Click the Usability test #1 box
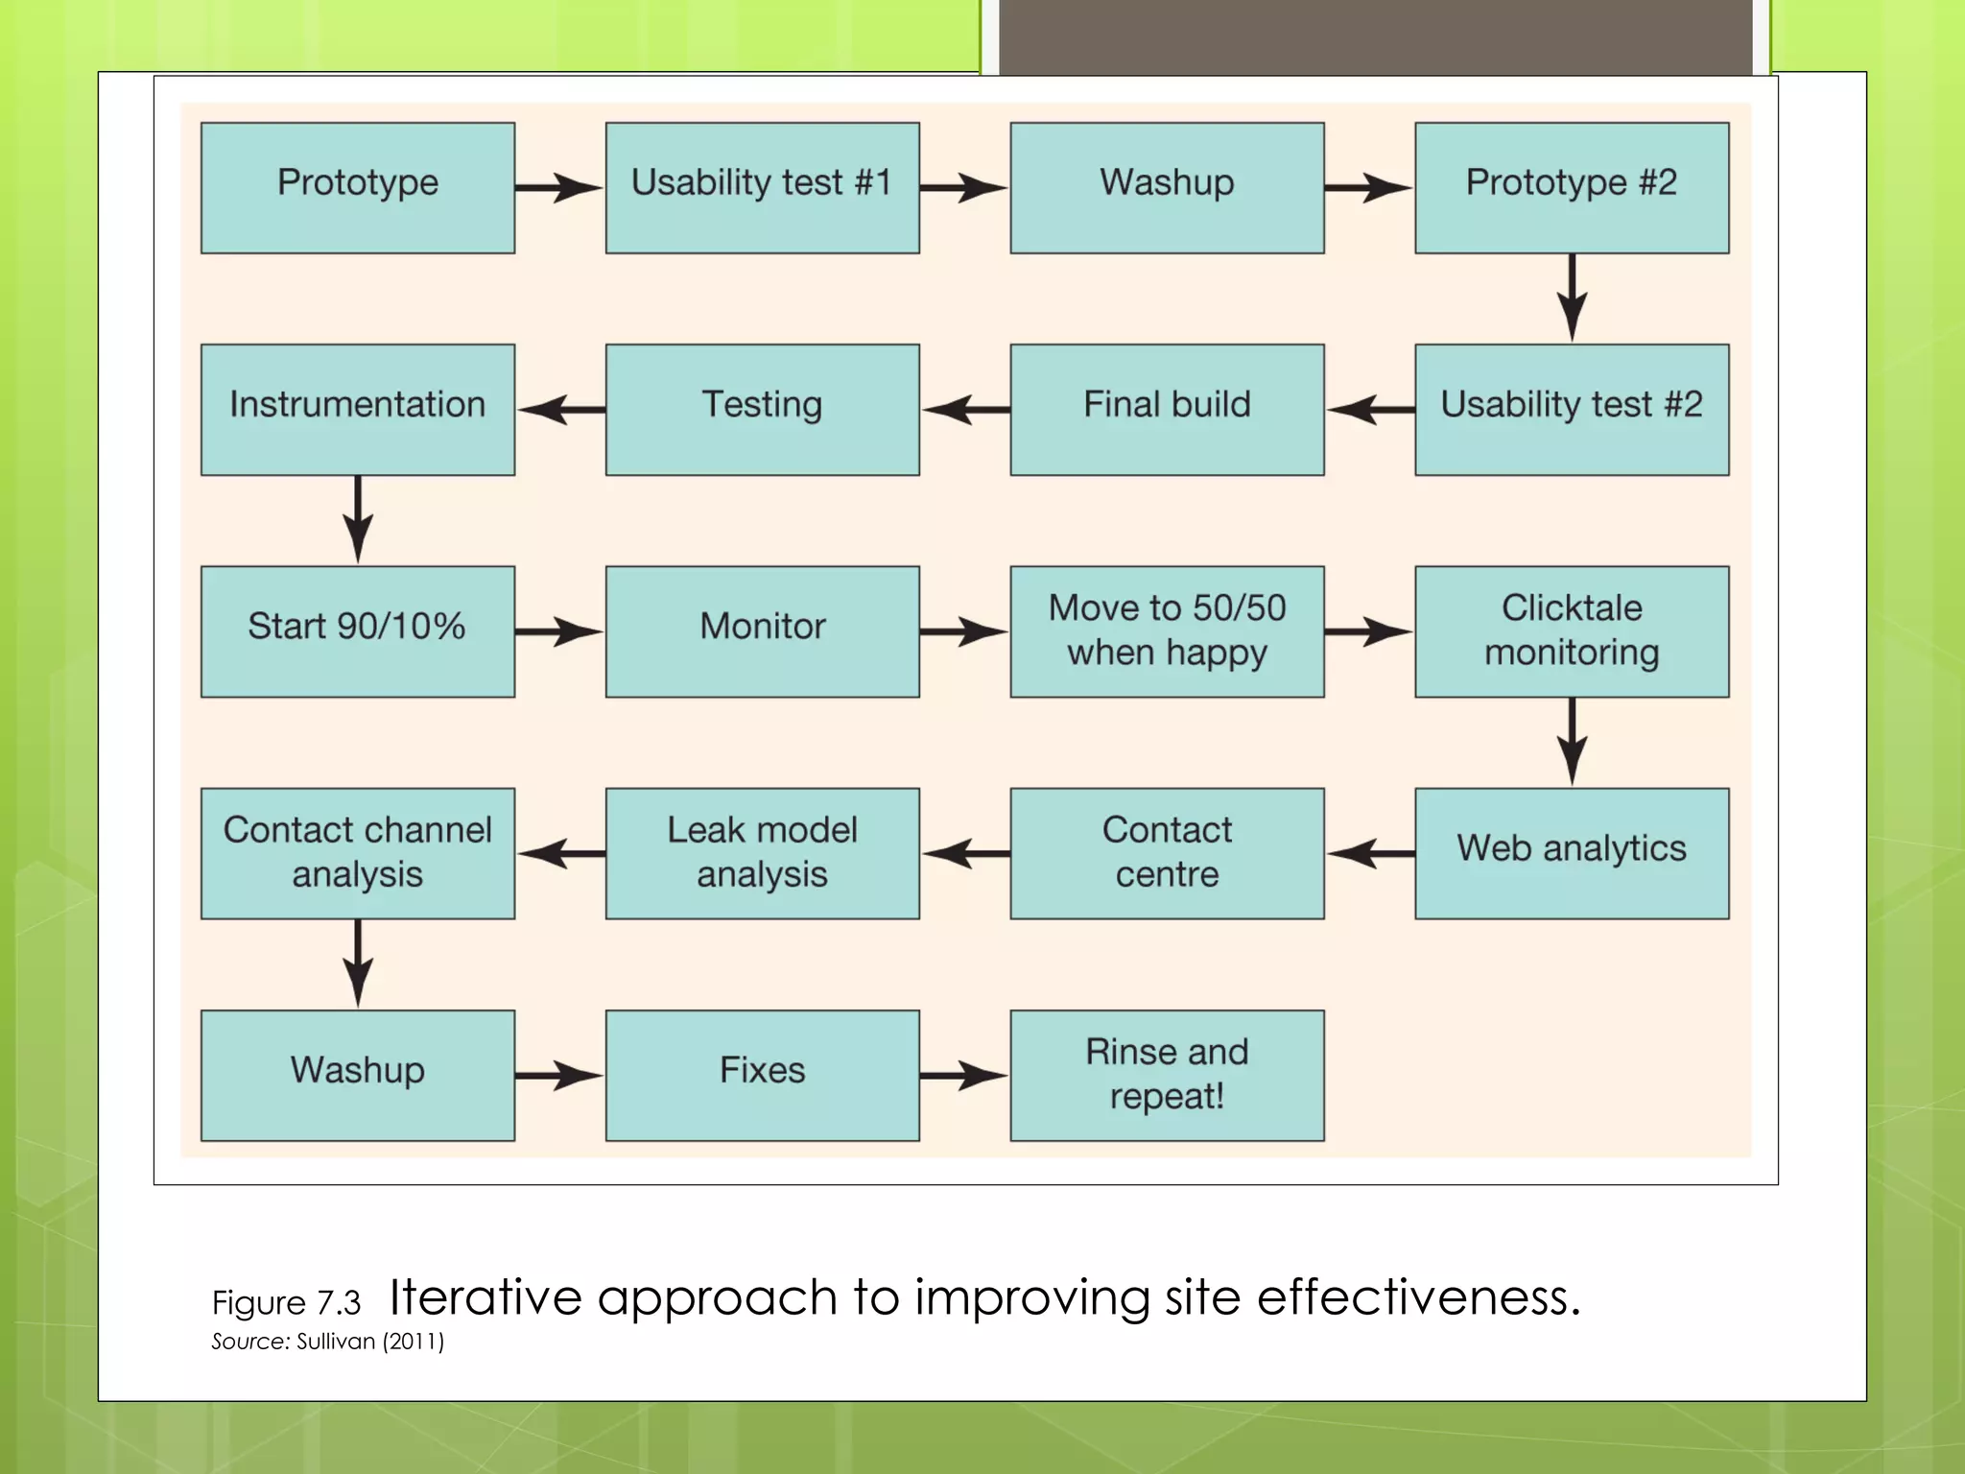click(x=762, y=187)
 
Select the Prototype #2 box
click(x=1571, y=187)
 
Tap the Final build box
click(x=1167, y=409)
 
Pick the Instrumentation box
click(x=357, y=409)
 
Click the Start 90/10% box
click(x=357, y=630)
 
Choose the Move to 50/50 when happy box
click(x=1167, y=630)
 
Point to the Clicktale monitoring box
click(x=1571, y=630)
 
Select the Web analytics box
click(x=1571, y=852)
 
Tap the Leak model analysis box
click(x=762, y=852)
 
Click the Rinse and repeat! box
click(x=1167, y=1075)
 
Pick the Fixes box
click(x=762, y=1075)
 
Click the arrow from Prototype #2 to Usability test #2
click(x=1571, y=297)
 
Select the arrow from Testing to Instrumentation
click(x=561, y=410)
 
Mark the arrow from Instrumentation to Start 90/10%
click(x=358, y=519)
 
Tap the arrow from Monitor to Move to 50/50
click(x=964, y=631)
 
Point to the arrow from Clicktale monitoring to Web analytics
click(x=1571, y=742)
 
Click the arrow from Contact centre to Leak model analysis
click(x=965, y=853)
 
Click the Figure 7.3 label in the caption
click(x=286, y=1303)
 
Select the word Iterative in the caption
click(x=485, y=1297)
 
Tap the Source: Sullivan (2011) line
click(x=327, y=1342)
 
